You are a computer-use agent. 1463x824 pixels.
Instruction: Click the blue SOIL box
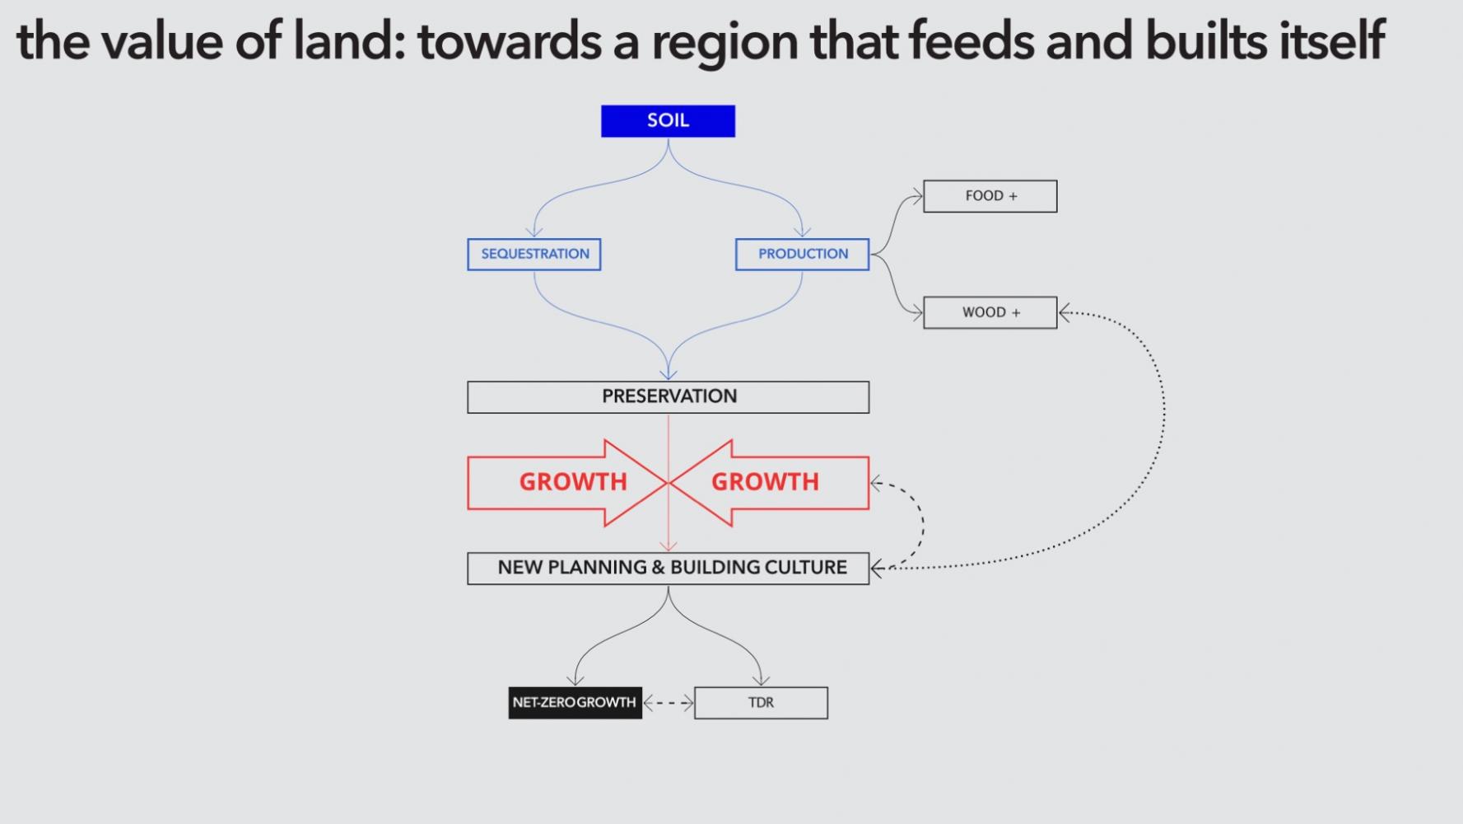tap(668, 121)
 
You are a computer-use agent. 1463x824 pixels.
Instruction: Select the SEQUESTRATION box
tap(534, 254)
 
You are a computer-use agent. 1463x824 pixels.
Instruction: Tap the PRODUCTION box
tap(802, 254)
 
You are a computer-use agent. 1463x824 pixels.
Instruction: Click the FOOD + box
tap(990, 196)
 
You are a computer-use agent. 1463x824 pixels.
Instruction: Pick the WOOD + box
tap(990, 312)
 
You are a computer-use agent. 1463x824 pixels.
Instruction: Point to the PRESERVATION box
tap(668, 396)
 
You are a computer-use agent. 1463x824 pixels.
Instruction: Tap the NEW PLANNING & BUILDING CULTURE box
tap(668, 568)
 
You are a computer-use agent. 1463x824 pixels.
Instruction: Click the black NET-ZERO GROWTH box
tap(575, 703)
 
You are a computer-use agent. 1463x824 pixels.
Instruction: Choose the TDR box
tap(761, 703)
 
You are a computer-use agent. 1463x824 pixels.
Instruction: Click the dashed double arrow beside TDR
tap(668, 703)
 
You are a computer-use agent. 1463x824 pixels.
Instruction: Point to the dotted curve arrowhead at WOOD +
tap(1065, 312)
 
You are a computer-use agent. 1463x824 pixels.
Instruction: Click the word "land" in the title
tap(343, 41)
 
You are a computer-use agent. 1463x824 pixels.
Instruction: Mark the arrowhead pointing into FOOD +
tap(916, 197)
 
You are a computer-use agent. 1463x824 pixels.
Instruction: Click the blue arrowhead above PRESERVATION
tap(669, 375)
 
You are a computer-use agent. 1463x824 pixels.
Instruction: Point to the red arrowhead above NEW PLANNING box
tap(669, 546)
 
